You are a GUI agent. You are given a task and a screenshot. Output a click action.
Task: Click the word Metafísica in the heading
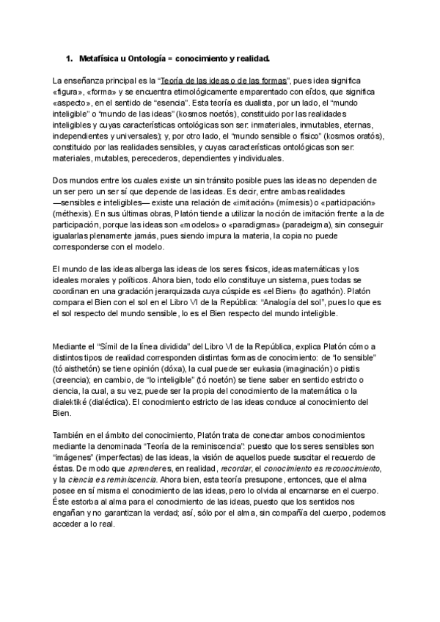[100, 57]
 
